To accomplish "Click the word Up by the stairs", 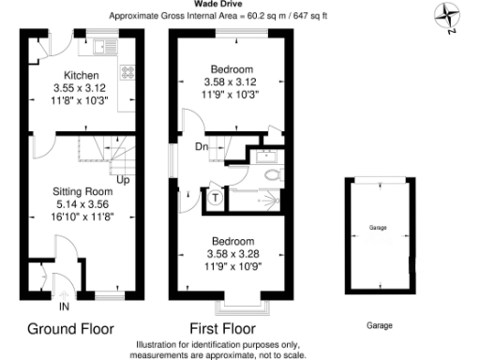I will [122, 179].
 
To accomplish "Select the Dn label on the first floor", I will [202, 147].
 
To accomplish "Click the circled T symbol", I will [216, 197].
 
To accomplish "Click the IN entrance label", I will [64, 307].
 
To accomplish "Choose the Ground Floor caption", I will [70, 329].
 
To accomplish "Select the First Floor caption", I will [223, 329].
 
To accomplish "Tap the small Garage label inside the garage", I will [378, 229].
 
